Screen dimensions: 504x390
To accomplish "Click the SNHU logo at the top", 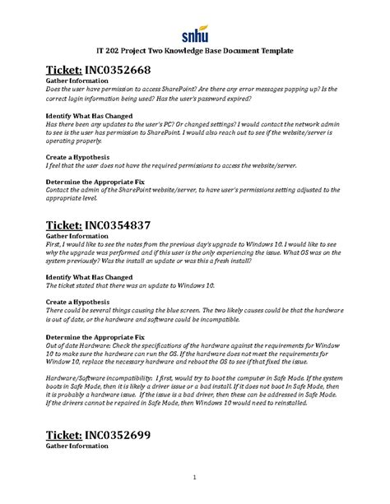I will click(196, 32).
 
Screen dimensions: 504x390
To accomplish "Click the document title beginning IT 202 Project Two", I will click(195, 51).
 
